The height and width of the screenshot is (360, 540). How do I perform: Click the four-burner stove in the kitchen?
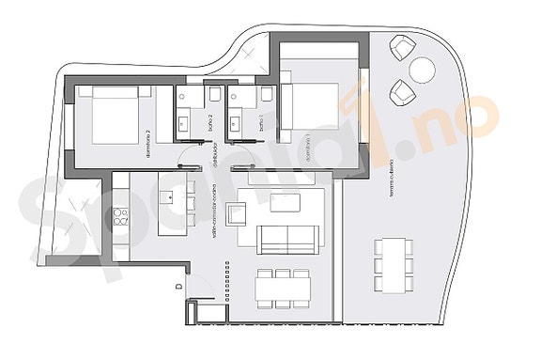point(120,215)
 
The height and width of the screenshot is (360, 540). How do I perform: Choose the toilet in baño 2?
point(214,94)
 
